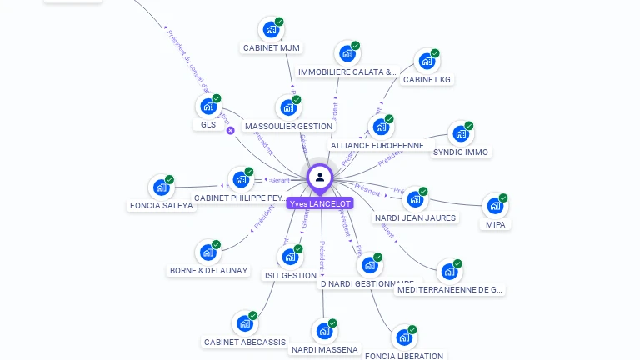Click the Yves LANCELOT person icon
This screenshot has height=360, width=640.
(320, 177)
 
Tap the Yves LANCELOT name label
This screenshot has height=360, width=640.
(320, 203)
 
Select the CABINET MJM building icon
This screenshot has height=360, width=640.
(270, 30)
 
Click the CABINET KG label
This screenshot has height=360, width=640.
(427, 80)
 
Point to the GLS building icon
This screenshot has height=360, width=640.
(207, 107)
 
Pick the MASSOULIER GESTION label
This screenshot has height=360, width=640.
(288, 127)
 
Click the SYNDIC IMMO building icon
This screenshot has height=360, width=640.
(460, 134)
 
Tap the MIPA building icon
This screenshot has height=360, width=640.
(495, 206)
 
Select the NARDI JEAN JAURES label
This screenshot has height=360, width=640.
(415, 218)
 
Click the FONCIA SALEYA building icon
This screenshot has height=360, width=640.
(161, 187)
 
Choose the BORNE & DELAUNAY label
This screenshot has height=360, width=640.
(208, 271)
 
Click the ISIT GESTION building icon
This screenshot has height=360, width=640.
(289, 257)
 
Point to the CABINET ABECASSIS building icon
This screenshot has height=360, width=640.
(244, 323)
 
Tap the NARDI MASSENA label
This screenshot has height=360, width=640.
(325, 350)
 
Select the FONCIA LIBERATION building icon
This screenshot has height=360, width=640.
(404, 337)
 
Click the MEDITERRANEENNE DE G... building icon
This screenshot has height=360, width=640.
(449, 272)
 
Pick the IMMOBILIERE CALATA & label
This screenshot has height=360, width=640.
(347, 72)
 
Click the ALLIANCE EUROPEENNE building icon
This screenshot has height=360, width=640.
(381, 127)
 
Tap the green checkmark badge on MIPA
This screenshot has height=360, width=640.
(503, 198)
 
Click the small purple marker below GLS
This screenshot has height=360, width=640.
(231, 130)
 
